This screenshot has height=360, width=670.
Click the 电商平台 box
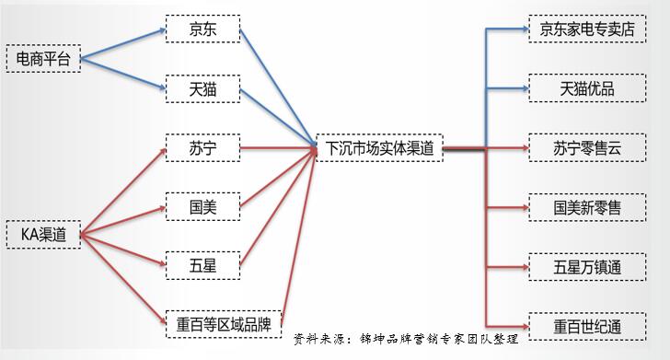(x=42, y=59)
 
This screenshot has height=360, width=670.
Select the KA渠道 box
(x=42, y=234)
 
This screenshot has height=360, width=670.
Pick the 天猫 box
(x=202, y=89)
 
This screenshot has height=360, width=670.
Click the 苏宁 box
(x=202, y=147)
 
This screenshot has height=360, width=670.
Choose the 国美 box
(x=202, y=206)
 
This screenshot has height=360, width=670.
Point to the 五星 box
(x=202, y=265)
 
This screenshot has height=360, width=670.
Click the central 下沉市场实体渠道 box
(x=378, y=147)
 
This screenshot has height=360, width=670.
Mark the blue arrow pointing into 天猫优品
(x=506, y=88)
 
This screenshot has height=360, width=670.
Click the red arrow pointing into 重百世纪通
(x=506, y=326)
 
